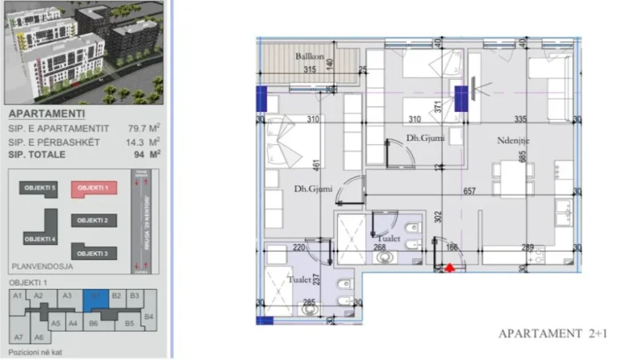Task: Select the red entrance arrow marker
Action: (x=451, y=269)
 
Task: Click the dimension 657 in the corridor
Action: (x=470, y=191)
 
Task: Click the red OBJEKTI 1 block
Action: (x=94, y=187)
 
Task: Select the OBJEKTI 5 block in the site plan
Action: (x=39, y=187)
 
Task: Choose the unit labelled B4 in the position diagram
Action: (x=148, y=317)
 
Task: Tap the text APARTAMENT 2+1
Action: (x=553, y=334)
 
